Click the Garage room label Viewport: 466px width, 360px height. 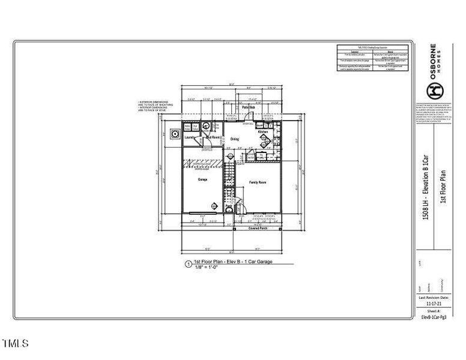(x=202, y=179)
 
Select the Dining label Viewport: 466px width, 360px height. (x=235, y=139)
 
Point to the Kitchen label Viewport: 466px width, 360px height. (x=263, y=131)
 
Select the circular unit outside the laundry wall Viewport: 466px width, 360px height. (x=175, y=133)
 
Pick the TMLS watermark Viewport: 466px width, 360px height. (x=15, y=344)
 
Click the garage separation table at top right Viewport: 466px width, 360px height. (x=373, y=58)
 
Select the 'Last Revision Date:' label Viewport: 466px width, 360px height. (x=434, y=298)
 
